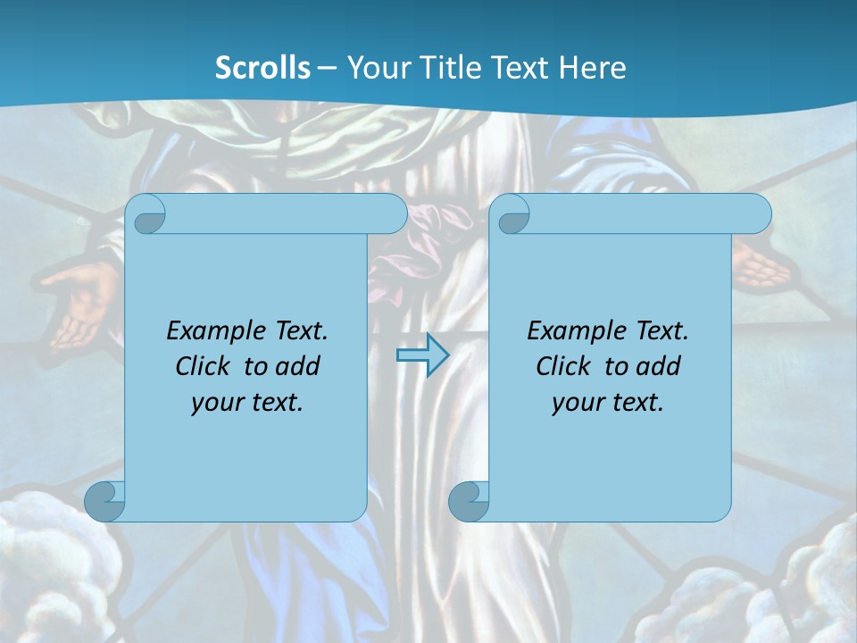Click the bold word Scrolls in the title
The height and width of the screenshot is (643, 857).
coord(263,68)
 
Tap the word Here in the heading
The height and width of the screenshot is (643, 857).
coord(593,68)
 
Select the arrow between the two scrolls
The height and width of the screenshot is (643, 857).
coord(422,355)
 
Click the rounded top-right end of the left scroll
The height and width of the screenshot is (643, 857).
coord(393,214)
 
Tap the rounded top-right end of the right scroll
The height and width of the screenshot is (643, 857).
coord(757,214)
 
